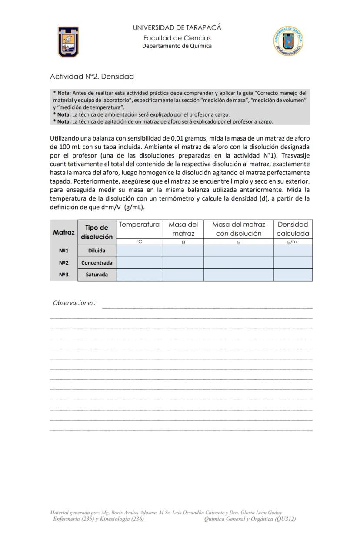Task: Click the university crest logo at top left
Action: point(68,42)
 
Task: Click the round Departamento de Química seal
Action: point(288,41)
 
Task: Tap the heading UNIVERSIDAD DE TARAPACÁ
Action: point(177,27)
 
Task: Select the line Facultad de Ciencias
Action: point(177,38)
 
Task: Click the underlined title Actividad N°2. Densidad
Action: point(92,77)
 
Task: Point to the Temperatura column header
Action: point(139,225)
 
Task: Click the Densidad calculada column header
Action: point(293,229)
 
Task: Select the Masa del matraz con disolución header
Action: point(238,229)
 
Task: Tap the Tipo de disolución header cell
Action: point(97,232)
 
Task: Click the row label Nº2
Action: point(64,262)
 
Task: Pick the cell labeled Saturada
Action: point(97,275)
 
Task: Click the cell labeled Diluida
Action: point(97,251)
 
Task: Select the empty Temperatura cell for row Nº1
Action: point(139,251)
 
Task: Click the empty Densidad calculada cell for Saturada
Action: point(293,275)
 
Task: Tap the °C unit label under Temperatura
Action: point(139,241)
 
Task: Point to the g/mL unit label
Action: point(293,241)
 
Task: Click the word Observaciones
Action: point(74,303)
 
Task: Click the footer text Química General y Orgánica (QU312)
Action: point(250,519)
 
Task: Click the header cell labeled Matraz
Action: point(64,232)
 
